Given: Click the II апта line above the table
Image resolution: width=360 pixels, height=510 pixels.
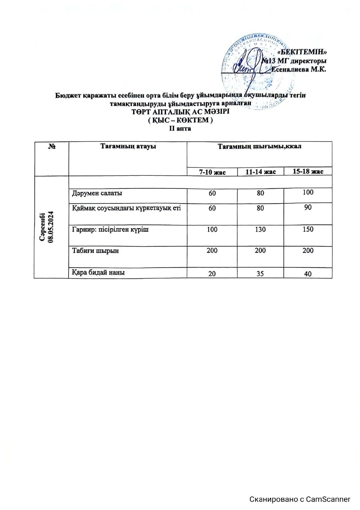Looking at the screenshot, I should (180, 128).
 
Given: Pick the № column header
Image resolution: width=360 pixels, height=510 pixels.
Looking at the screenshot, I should (52, 146).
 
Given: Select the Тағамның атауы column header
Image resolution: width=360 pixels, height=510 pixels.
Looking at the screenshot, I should (128, 146).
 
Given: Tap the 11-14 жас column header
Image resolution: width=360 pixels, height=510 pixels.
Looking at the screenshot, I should (260, 172).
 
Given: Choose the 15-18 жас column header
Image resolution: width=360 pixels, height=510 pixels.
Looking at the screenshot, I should (308, 171).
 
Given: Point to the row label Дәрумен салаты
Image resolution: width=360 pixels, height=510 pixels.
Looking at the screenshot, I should (97, 193).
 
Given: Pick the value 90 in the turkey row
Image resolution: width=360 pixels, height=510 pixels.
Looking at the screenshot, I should (308, 207).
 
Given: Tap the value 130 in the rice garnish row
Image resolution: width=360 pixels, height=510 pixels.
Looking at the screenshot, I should (260, 230).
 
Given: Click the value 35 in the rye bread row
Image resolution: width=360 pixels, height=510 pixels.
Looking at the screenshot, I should (260, 273).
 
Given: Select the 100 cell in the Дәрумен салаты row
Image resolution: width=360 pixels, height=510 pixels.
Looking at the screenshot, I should (308, 192).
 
